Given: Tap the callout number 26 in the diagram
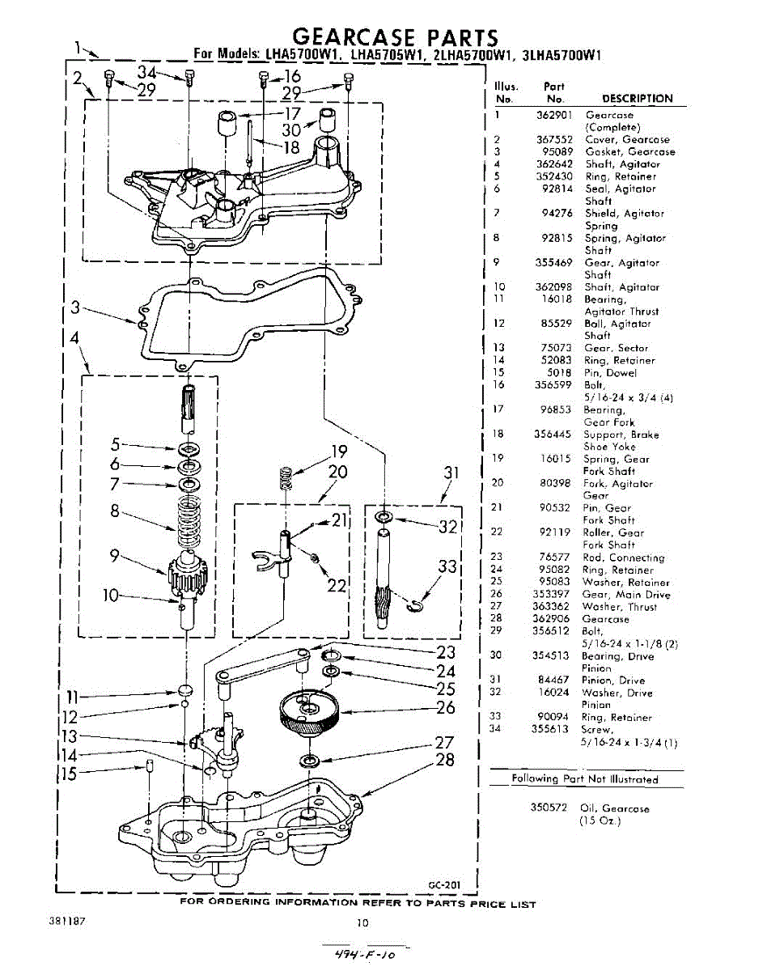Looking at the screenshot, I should coord(445,708).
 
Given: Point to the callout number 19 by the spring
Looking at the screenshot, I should coord(338,452).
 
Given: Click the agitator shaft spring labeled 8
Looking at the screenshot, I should coord(189,522).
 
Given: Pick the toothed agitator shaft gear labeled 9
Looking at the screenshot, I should coord(188,576).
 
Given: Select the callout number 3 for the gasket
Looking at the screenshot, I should coord(75,307).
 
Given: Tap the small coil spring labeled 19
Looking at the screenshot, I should coord(285,478).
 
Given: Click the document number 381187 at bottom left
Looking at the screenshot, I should coord(69,922).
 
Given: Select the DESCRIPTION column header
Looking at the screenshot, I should coord(637,99).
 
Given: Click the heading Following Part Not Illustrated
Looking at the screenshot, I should coord(585,779).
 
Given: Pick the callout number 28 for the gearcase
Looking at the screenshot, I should coord(445,760).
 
